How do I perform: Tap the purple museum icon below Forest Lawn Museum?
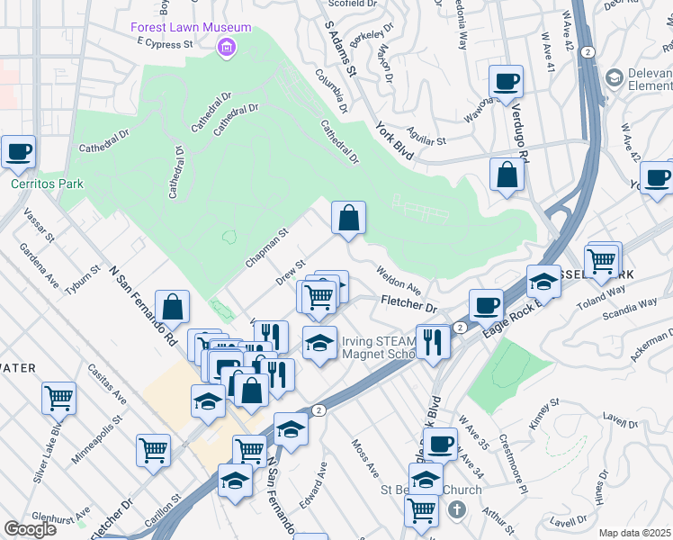(228, 46)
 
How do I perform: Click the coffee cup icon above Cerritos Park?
(19, 152)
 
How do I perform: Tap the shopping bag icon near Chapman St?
(348, 218)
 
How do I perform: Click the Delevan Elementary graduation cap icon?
(615, 77)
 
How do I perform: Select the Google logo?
(30, 529)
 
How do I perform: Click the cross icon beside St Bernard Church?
(456, 510)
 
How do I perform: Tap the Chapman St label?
(265, 248)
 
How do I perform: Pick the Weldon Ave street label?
(399, 278)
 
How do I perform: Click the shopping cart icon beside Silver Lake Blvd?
(58, 397)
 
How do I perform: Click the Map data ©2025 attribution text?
(634, 533)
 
